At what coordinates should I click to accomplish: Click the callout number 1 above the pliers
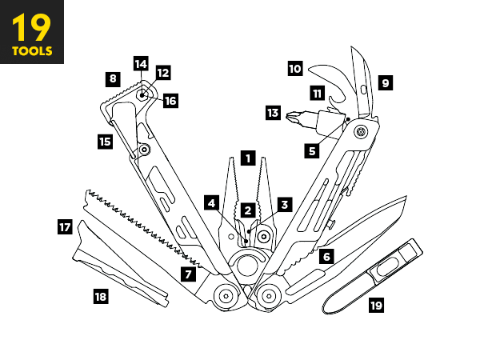[248, 158]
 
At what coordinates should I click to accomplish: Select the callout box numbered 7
[188, 274]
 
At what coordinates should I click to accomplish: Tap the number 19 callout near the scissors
[376, 306]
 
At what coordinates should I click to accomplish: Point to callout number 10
[295, 68]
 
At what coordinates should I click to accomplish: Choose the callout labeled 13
[273, 113]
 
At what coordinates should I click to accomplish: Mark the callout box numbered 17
[65, 227]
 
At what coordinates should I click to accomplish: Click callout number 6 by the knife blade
[326, 256]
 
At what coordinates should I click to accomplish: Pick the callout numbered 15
[105, 142]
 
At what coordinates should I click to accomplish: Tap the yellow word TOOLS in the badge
[32, 51]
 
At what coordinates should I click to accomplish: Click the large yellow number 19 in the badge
[31, 27]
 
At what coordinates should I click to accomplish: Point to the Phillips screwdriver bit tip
[290, 116]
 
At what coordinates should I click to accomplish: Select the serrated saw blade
[141, 225]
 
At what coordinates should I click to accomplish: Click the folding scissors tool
[373, 276]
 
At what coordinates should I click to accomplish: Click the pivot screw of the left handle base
[226, 296]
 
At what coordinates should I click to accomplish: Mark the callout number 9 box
[386, 83]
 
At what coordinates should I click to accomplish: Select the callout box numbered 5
[312, 151]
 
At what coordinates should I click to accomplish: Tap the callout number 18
[101, 296]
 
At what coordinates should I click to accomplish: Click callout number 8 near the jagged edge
[113, 79]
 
